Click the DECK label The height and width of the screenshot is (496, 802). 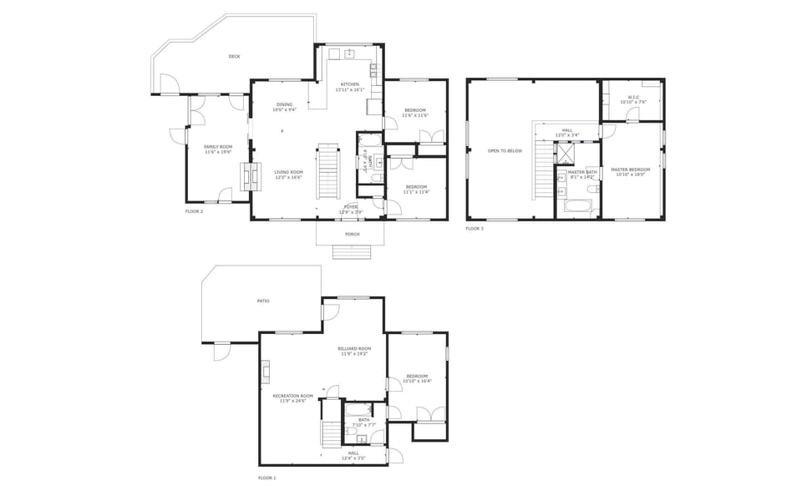[x=234, y=57]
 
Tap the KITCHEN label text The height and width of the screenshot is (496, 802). [x=350, y=84]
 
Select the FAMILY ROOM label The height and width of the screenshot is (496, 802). [x=217, y=146]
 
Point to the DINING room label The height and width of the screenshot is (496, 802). [x=284, y=105]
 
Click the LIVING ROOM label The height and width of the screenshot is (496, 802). [x=288, y=172]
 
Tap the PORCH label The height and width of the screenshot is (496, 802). [x=353, y=234]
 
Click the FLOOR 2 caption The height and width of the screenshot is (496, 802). [x=194, y=211]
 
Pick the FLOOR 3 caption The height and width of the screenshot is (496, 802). [x=475, y=228]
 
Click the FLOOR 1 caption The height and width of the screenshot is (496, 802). [x=266, y=478]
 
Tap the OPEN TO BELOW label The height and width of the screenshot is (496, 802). [x=505, y=150]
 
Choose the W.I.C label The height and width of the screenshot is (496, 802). [x=633, y=97]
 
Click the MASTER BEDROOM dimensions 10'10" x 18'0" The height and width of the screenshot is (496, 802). [x=632, y=175]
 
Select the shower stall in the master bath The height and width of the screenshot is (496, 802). [x=566, y=154]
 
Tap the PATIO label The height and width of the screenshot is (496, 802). [x=263, y=301]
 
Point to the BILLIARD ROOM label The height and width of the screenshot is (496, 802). [x=354, y=348]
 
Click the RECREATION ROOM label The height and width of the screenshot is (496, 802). [x=292, y=396]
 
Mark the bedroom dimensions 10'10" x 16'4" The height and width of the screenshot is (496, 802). [x=417, y=381]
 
